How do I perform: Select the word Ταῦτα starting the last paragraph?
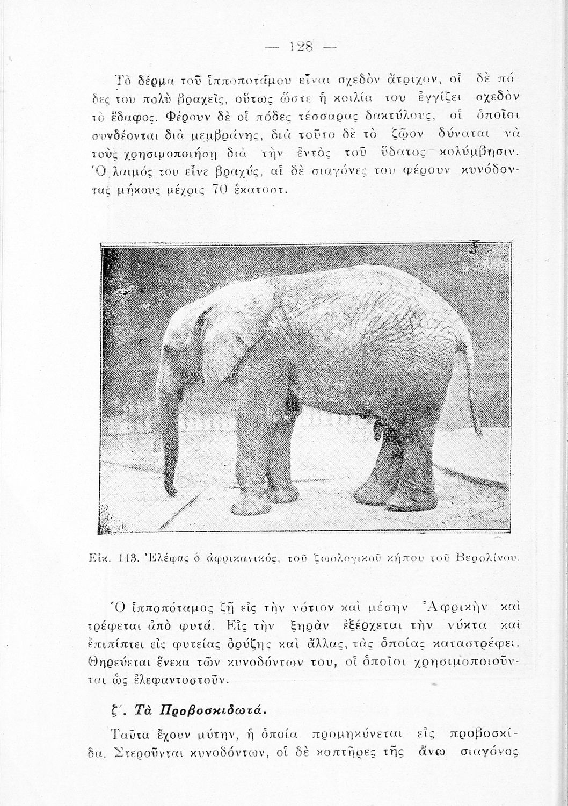point(131,735)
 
